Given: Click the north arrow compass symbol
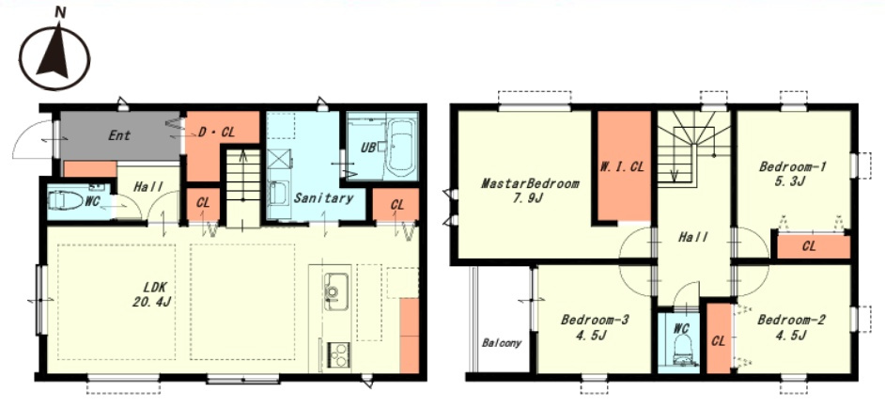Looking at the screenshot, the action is [54, 55].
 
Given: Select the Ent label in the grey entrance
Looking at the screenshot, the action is [119, 135].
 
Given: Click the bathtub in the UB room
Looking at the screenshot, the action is [401, 149].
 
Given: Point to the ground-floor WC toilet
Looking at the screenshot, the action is [66, 200].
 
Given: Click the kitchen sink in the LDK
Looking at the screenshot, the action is [335, 291].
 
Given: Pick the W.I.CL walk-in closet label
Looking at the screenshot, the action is [624, 166].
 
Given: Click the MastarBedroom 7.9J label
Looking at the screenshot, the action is [530, 191].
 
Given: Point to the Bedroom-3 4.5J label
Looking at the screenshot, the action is [595, 327].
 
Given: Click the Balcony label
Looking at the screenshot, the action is [502, 343].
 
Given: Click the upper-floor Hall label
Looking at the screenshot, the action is [693, 238].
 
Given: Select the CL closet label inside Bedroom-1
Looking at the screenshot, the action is [808, 247].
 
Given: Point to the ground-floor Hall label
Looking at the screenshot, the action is [148, 186].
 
